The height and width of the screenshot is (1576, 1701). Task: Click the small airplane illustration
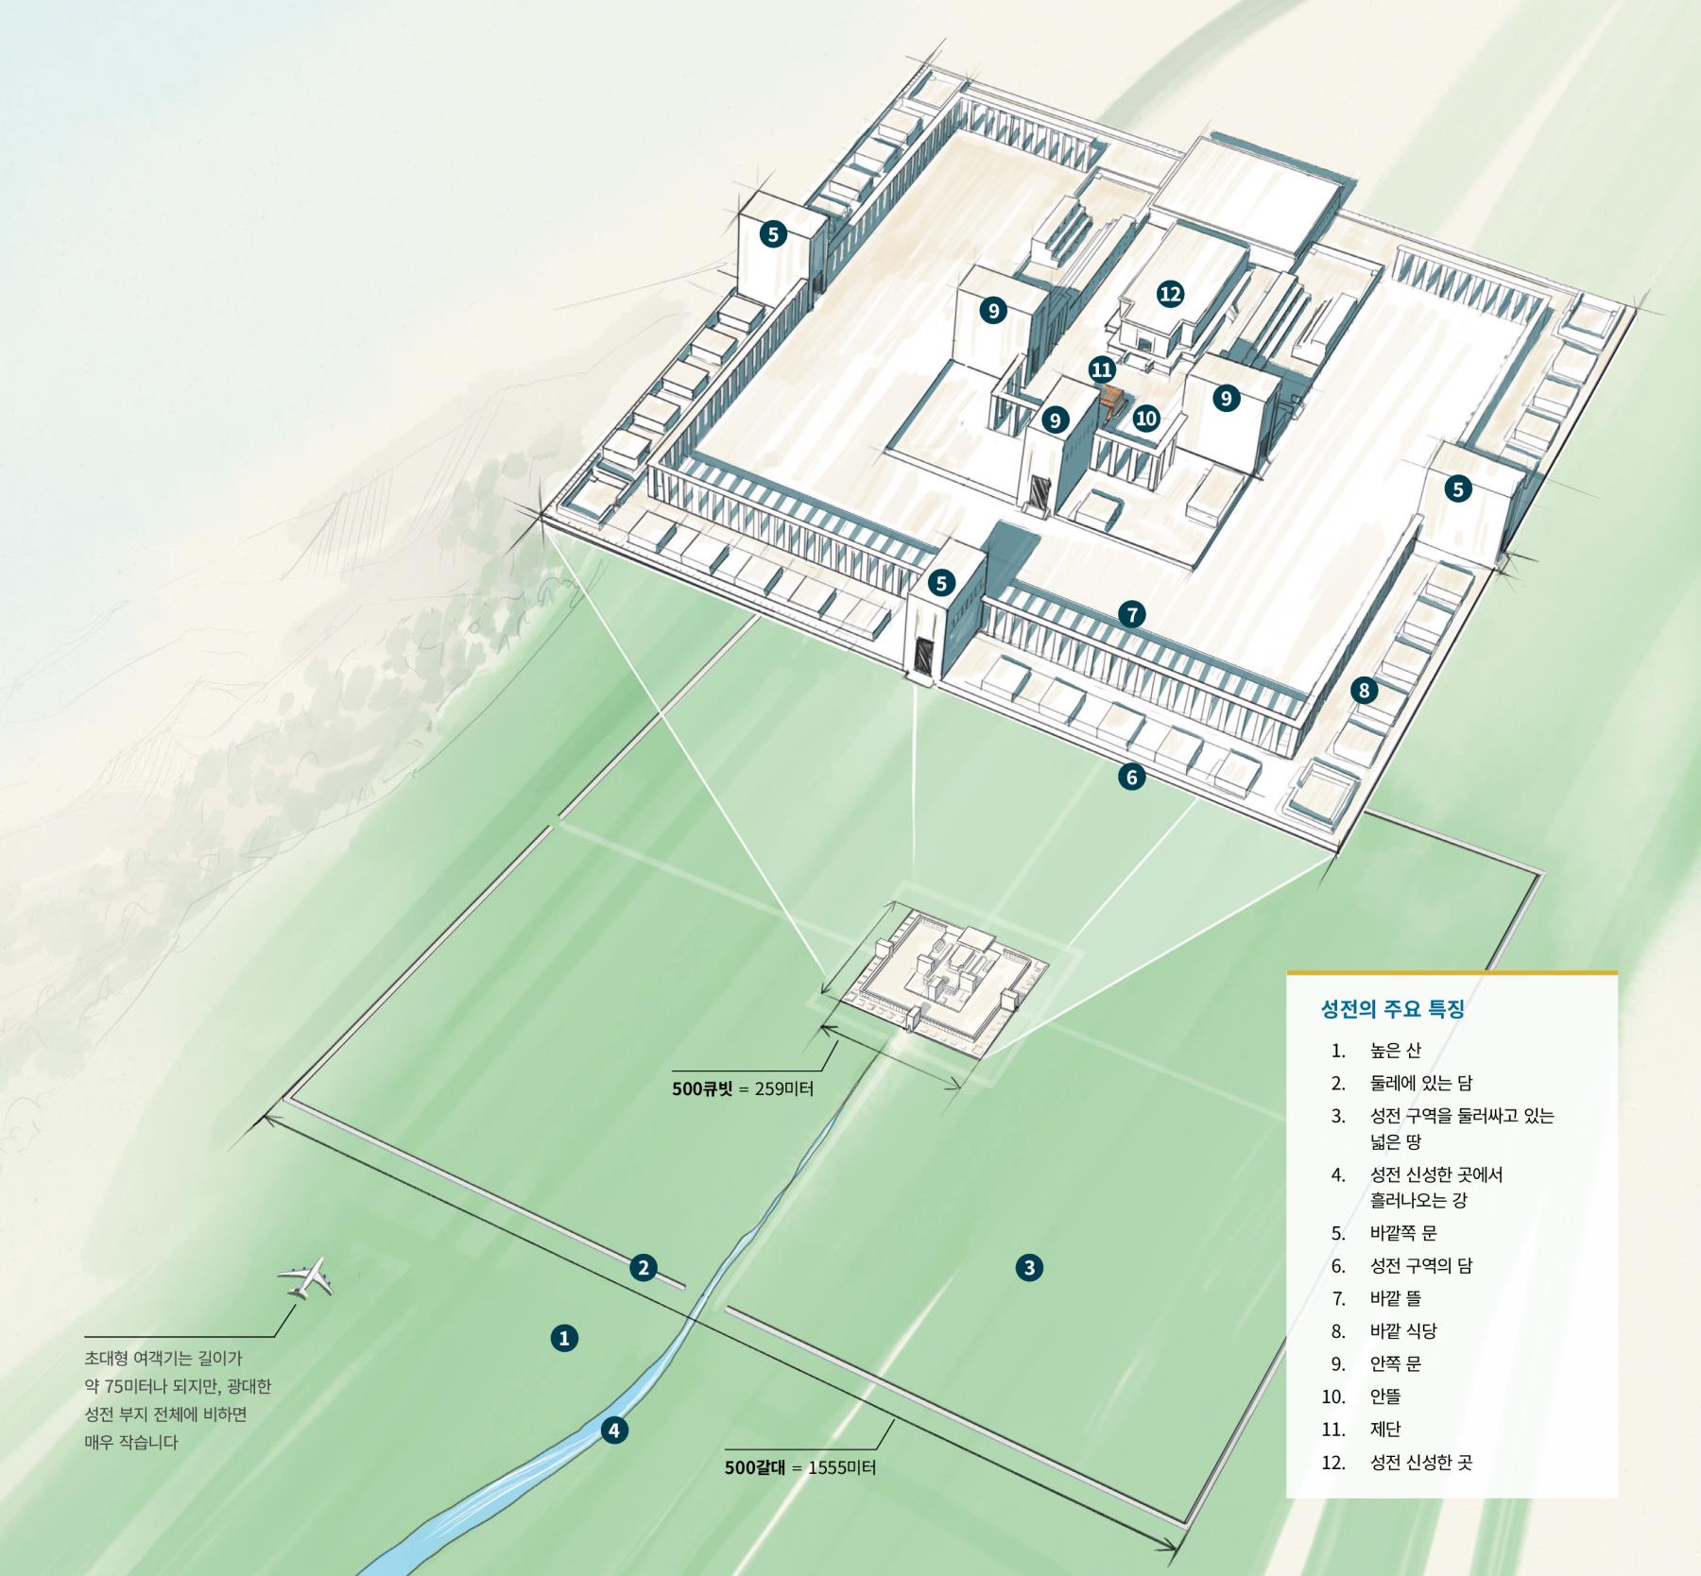click(305, 1278)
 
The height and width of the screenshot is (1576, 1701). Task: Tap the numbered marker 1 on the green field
click(564, 1338)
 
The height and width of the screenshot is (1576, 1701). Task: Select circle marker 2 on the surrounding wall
click(644, 1267)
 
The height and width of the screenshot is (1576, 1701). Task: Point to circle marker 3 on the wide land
click(1029, 1267)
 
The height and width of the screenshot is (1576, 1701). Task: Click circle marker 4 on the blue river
click(613, 1430)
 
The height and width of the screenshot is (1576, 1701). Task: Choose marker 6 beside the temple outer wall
click(1131, 777)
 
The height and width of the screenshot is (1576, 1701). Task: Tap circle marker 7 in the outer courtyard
click(1131, 615)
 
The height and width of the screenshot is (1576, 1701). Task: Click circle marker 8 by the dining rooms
click(1364, 691)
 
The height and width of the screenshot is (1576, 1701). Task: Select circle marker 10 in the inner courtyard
click(1146, 418)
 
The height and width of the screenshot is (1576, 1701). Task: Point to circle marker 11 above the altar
click(1101, 368)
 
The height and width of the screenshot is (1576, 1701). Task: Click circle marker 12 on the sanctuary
click(1170, 294)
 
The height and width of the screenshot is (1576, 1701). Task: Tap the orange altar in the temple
click(1112, 402)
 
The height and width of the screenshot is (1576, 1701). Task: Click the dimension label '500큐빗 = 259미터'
click(743, 1088)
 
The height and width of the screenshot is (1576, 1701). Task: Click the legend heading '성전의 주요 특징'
click(1392, 1009)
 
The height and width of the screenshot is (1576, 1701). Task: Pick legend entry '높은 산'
click(1396, 1051)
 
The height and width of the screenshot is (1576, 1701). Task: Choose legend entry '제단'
click(1385, 1429)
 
